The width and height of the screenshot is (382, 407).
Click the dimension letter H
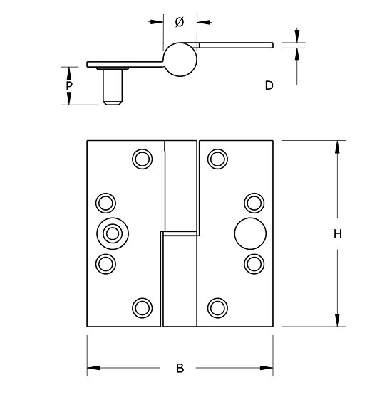(x=339, y=233)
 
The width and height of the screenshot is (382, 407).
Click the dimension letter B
(x=180, y=368)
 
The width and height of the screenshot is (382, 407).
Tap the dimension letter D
(x=269, y=85)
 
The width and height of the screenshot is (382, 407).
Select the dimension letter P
(x=69, y=85)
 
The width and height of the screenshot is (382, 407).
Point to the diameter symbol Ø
(x=180, y=22)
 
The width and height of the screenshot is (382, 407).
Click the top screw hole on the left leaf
(x=143, y=158)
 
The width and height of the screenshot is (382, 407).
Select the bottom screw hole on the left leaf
(x=143, y=307)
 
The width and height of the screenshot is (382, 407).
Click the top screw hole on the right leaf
(x=217, y=158)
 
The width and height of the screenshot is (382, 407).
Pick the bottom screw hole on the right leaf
(x=217, y=307)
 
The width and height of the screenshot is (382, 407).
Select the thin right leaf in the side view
(x=235, y=45)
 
